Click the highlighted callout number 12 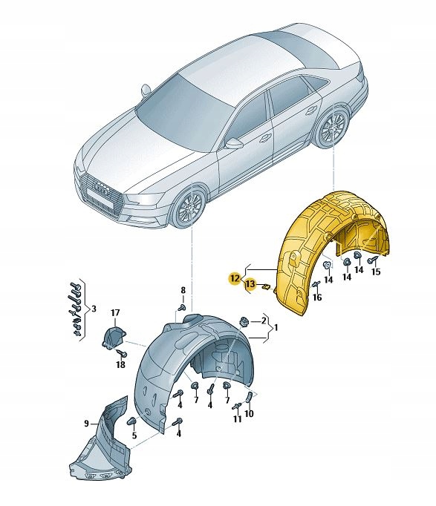(235, 278)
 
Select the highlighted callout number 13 (250, 284)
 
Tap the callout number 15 (376, 272)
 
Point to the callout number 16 (318, 298)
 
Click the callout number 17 (115, 312)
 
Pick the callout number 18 (120, 365)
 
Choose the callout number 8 (183, 289)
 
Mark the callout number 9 (86, 423)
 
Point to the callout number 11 (237, 420)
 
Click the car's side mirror (233, 142)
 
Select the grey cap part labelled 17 (111, 338)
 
